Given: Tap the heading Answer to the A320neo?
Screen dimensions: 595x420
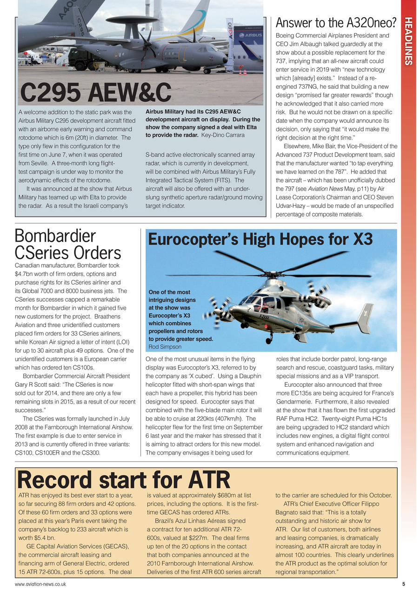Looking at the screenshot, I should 335,22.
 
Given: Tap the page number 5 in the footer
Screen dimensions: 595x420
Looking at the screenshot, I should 403,584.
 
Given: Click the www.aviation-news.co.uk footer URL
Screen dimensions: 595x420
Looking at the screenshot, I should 40,584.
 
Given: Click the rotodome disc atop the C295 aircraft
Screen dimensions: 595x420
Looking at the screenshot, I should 132,20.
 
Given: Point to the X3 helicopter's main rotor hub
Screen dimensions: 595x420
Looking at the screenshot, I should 273,275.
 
